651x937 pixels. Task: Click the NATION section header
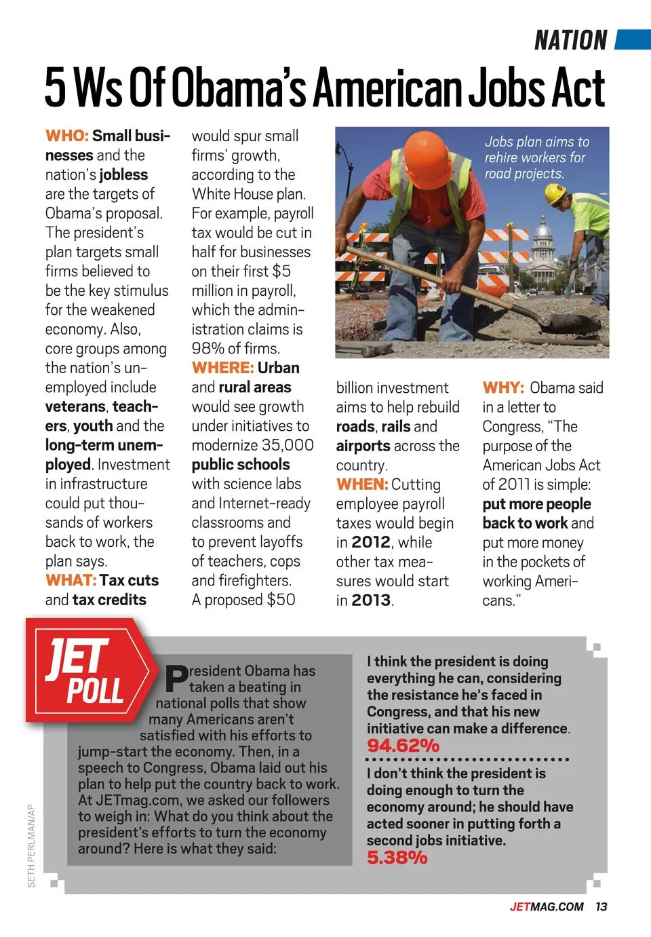click(570, 41)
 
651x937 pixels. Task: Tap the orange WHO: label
click(66, 136)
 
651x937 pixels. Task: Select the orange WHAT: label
click(71, 580)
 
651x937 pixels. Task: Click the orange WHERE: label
click(222, 368)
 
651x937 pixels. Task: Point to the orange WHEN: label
click(361, 484)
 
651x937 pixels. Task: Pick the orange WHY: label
click(503, 387)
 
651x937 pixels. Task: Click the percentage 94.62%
click(403, 746)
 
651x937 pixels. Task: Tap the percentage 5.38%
click(397, 858)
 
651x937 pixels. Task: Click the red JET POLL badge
click(87, 672)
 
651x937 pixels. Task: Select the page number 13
click(601, 906)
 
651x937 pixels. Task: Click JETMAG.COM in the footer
click(546, 906)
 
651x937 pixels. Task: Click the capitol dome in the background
click(544, 234)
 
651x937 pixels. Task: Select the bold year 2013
click(372, 600)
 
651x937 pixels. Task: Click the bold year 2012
click(372, 542)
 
